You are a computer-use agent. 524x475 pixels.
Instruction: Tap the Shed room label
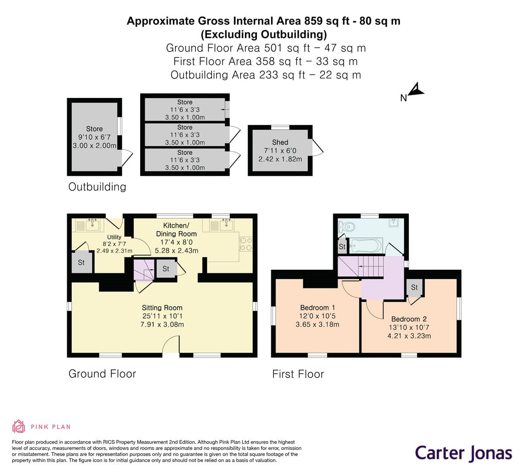point(280,142)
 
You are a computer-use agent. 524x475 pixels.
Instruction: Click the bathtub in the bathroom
point(366,246)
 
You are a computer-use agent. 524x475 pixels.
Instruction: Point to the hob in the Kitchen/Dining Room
point(246,244)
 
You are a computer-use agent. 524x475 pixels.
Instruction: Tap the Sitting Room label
point(162,308)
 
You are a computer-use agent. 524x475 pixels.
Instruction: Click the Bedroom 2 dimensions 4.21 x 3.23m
point(409,336)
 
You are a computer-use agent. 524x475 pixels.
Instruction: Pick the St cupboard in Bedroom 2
point(414,288)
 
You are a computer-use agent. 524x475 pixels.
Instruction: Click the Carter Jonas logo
point(463,453)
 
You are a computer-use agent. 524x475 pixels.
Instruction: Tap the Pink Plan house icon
point(18,426)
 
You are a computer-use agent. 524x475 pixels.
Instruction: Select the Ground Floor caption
point(102,374)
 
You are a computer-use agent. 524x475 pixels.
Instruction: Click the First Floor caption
point(298,374)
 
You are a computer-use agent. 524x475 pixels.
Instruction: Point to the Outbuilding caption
point(97,187)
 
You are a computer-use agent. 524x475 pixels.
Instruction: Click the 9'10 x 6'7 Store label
point(94,129)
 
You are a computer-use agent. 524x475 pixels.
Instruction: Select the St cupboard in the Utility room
point(81,263)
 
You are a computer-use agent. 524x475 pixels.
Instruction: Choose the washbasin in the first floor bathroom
point(394,223)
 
